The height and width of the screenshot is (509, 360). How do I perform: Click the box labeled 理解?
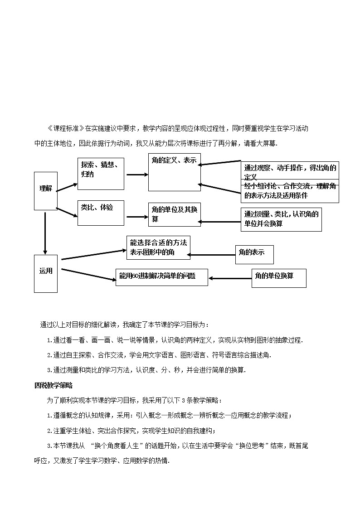point(46,191)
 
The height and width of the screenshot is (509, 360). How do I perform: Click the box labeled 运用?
point(46,273)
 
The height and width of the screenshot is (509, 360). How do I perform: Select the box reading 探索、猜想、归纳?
point(101,174)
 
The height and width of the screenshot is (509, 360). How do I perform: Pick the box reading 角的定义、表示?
point(175,172)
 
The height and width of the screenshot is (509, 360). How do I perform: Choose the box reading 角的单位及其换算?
point(175,214)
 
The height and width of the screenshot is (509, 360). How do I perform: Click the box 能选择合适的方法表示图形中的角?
point(158,247)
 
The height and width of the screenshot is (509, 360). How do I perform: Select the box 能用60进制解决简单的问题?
point(162,276)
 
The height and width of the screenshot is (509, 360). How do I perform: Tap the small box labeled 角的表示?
point(254,254)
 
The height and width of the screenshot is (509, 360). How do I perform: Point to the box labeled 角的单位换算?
point(279,278)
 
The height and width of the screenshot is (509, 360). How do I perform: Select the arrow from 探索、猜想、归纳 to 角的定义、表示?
point(137,175)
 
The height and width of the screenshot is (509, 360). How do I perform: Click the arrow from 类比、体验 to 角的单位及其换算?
point(137,217)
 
